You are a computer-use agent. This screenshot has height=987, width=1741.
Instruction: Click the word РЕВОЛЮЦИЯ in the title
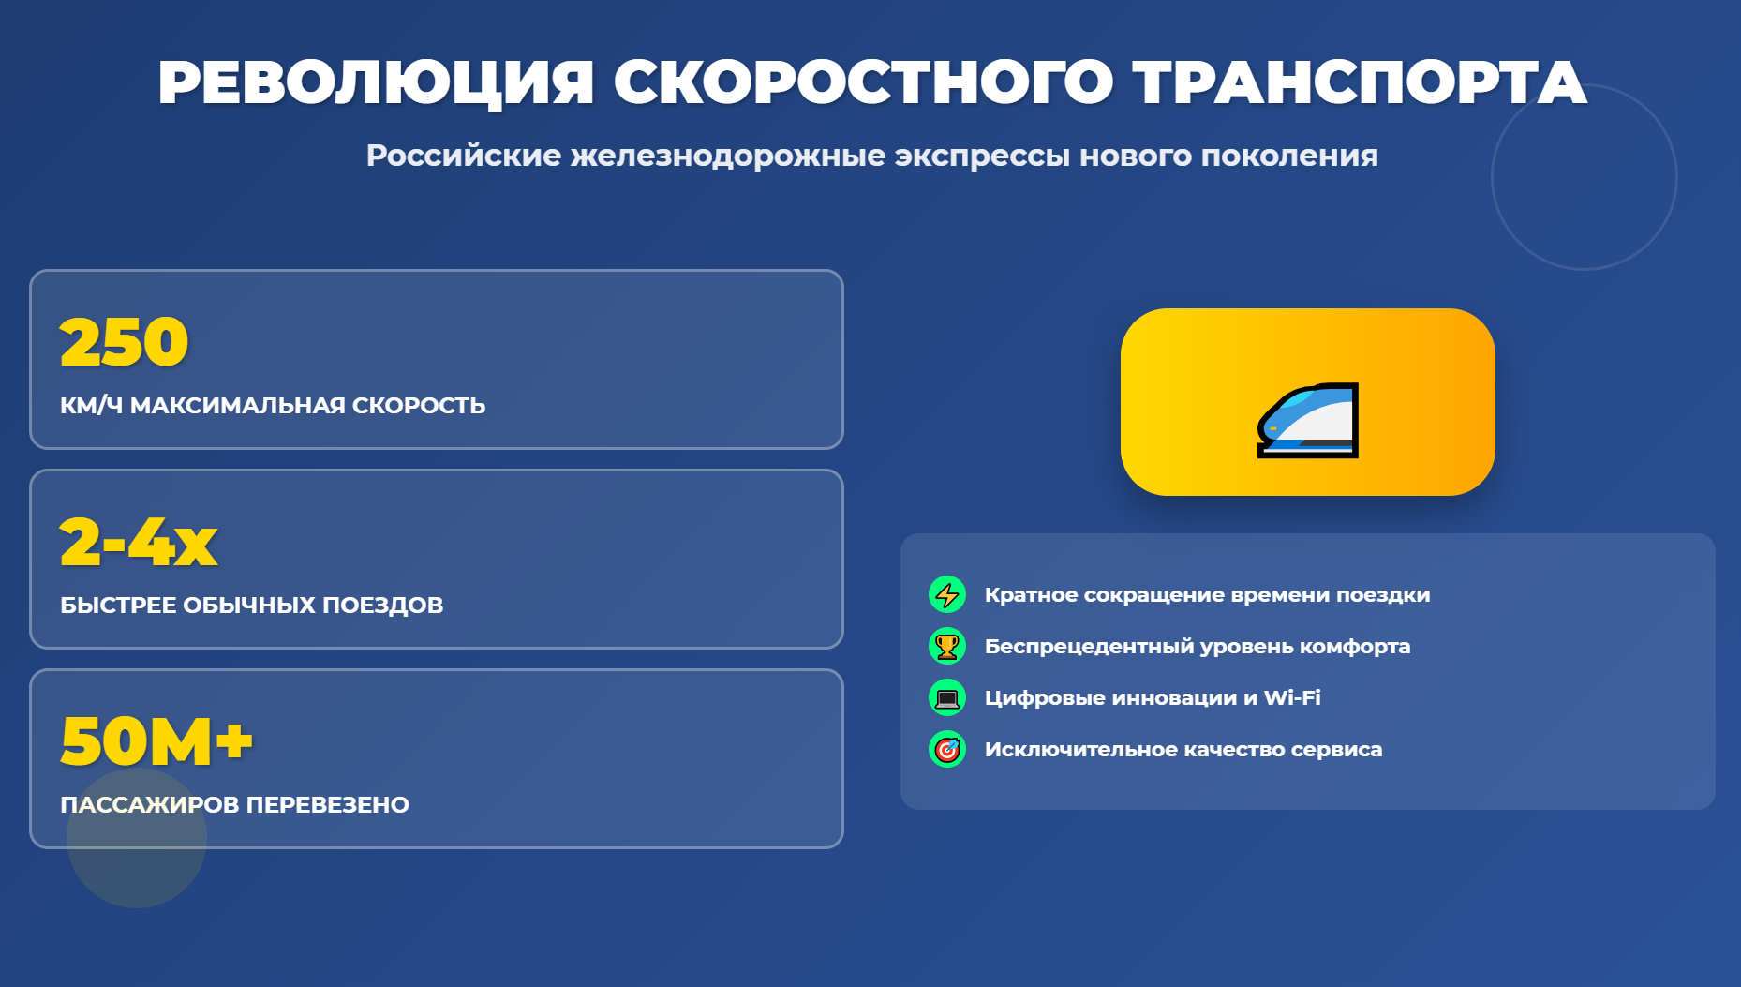(x=376, y=82)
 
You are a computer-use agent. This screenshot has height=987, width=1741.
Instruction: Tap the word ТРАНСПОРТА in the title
(x=1360, y=82)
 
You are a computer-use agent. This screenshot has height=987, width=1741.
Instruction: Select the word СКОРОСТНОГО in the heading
(x=863, y=82)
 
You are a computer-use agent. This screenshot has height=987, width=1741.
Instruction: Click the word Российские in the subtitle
(x=464, y=155)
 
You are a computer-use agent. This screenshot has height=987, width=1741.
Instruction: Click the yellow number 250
(x=125, y=342)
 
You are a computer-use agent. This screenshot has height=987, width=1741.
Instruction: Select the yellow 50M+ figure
(x=156, y=741)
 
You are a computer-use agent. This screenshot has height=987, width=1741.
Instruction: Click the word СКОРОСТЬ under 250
(x=419, y=405)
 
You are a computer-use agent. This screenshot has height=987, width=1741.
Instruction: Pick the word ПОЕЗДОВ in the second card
(x=382, y=606)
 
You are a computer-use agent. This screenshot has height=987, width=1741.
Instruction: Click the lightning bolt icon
(x=947, y=594)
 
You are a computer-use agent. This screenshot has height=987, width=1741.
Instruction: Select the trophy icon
(x=947, y=646)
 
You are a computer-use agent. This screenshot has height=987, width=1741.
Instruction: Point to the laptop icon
(x=947, y=697)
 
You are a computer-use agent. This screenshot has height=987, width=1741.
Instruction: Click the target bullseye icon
(x=947, y=749)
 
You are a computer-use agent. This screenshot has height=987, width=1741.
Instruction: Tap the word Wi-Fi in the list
(x=1292, y=697)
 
